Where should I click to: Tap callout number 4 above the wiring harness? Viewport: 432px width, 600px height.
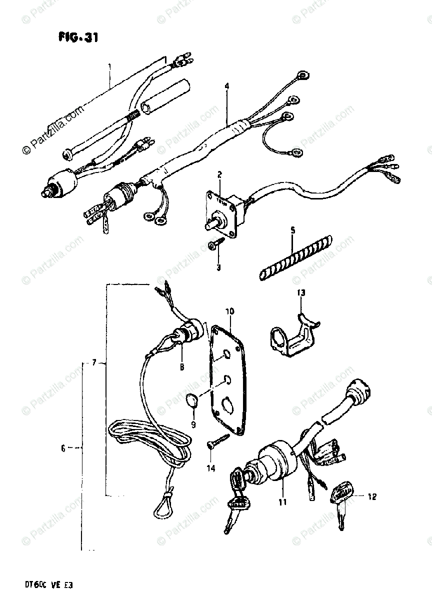(x=226, y=86)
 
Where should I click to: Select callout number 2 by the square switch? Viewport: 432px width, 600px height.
(x=219, y=174)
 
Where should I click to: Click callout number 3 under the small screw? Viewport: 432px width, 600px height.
(x=218, y=267)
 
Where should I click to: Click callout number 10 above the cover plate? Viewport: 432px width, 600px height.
(x=229, y=311)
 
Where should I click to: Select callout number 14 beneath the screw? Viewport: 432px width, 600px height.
(x=210, y=468)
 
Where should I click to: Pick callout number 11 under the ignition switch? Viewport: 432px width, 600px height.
(x=282, y=502)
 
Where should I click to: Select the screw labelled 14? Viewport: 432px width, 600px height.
(x=217, y=441)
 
